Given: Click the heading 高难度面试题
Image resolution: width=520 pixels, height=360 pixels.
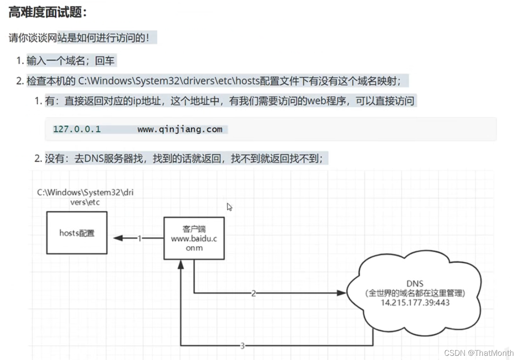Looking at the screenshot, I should tap(47, 12).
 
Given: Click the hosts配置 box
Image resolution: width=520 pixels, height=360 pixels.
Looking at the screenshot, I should tap(77, 233).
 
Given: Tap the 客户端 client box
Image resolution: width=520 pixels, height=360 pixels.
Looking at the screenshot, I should tap(194, 238).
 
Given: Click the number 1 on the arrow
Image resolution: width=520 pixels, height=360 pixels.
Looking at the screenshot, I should tap(139, 238).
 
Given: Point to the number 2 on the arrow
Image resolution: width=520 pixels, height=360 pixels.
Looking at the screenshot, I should tap(253, 293).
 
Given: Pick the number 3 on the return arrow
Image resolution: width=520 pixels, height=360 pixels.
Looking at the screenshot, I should tap(242, 346).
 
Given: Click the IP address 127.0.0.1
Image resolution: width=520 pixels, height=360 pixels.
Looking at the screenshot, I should tap(77, 129).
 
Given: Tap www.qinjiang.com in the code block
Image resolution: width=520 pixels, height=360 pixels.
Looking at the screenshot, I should tap(180, 129).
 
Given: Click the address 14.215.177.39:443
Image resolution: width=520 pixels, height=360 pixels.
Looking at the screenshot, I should tap(414, 303).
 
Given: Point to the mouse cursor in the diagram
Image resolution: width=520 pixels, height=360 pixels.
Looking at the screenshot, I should tap(229, 207).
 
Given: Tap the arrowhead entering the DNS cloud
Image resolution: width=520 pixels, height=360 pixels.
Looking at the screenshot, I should tap(342, 293).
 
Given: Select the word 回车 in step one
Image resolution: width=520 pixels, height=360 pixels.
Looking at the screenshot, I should tap(105, 61).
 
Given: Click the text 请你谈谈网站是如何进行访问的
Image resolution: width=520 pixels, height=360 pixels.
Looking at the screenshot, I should tap(79, 38).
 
